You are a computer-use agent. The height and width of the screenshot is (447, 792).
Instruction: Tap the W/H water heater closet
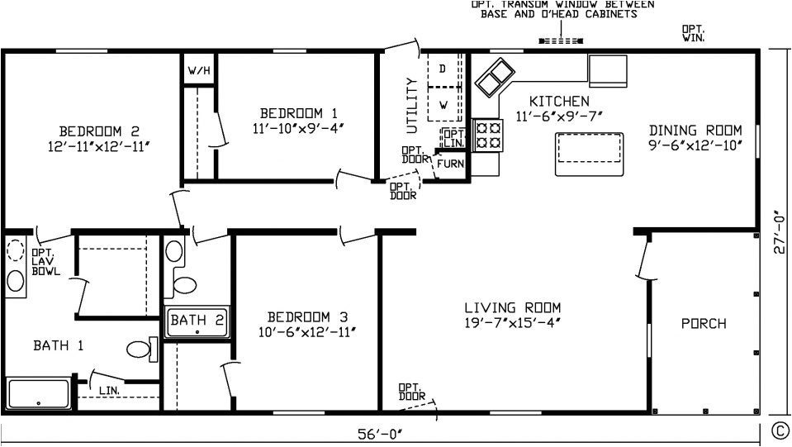tap(198, 71)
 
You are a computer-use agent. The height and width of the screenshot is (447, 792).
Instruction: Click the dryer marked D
tap(443, 69)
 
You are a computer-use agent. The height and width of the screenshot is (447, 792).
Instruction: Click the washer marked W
tap(443, 105)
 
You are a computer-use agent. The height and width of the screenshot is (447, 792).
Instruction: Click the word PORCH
tap(704, 323)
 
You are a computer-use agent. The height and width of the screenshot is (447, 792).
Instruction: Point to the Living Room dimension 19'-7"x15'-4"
tap(513, 322)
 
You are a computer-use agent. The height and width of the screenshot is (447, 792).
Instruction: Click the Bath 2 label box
tap(197, 321)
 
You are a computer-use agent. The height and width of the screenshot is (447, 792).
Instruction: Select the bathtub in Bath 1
tap(39, 393)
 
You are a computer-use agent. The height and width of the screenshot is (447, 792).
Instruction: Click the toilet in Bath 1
tap(144, 350)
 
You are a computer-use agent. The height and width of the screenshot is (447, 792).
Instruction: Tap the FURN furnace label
tap(450, 164)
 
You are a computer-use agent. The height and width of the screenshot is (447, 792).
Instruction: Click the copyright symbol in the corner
tap(778, 430)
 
